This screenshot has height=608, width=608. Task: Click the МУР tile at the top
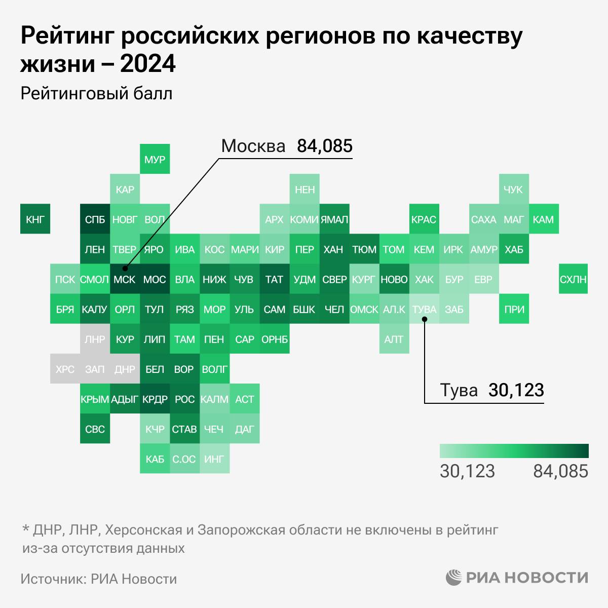click(155, 160)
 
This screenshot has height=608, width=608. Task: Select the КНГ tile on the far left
click(35, 219)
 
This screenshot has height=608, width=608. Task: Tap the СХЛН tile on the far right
click(574, 279)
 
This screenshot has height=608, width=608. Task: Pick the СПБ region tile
click(95, 219)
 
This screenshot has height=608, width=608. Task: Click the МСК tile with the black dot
click(125, 279)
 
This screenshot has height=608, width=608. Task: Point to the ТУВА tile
click(424, 309)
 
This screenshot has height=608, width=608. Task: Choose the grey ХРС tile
click(65, 369)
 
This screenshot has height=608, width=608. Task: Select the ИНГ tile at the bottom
click(214, 459)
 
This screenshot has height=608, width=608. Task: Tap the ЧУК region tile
click(513, 189)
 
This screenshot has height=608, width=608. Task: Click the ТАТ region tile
click(274, 279)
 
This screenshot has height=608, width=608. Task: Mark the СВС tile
click(95, 429)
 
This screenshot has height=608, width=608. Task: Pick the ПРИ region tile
click(514, 309)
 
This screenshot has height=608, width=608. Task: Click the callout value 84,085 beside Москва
click(324, 146)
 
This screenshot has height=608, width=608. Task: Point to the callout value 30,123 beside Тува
click(516, 390)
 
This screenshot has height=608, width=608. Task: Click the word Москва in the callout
click(253, 146)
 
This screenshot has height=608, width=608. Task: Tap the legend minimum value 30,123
click(467, 471)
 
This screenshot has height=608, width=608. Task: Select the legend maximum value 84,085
click(560, 471)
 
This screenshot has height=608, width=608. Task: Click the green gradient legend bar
click(514, 451)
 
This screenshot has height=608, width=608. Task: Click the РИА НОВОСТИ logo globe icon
click(454, 578)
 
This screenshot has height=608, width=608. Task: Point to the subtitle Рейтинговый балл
click(97, 94)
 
